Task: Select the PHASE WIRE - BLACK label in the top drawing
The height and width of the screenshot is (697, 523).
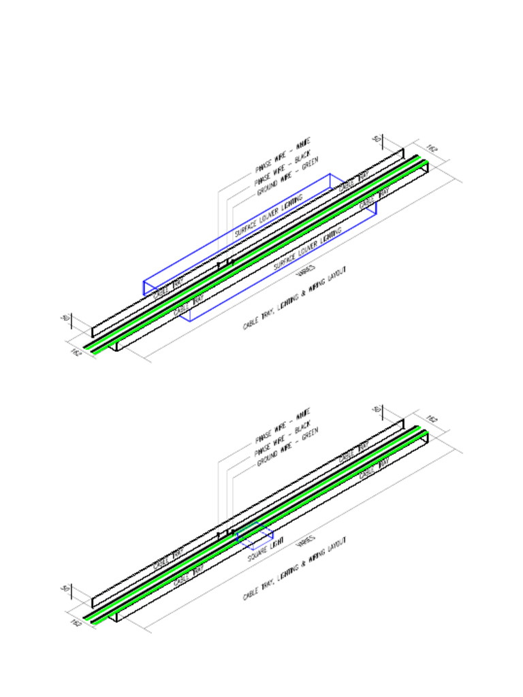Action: click(282, 169)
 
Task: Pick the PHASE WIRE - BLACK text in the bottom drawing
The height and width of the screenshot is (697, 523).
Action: click(282, 438)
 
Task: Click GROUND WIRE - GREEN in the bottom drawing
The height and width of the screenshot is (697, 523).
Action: click(287, 447)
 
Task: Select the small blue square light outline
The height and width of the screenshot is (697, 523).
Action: click(255, 538)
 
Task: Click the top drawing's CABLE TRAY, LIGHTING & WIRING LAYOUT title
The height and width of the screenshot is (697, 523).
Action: click(294, 299)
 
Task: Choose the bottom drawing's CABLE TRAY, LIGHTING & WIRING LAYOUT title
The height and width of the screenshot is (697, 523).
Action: click(294, 568)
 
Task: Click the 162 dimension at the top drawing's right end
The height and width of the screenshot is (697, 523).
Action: click(432, 147)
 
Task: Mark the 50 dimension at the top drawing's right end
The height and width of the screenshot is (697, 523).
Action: click(376, 138)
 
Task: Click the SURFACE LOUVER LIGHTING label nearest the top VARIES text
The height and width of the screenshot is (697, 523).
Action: click(308, 250)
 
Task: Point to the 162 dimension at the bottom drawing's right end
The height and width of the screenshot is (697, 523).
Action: click(432, 417)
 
